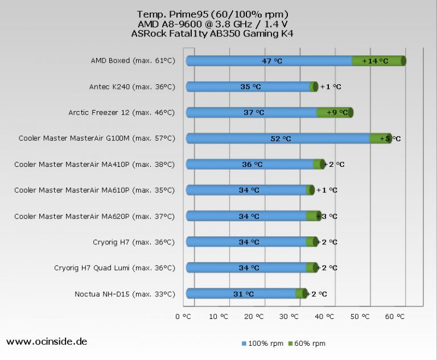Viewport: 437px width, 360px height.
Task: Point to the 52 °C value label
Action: pos(281,138)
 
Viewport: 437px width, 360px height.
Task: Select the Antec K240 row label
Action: pos(132,87)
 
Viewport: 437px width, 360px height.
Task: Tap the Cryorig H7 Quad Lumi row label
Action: pos(114,268)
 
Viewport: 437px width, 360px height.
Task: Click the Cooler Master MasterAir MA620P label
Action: pos(94,216)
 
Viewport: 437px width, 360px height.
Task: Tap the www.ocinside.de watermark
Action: pos(47,342)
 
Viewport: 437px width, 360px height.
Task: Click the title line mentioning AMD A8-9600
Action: pos(213,23)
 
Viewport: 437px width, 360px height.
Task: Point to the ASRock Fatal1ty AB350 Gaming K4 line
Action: pos(212,33)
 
